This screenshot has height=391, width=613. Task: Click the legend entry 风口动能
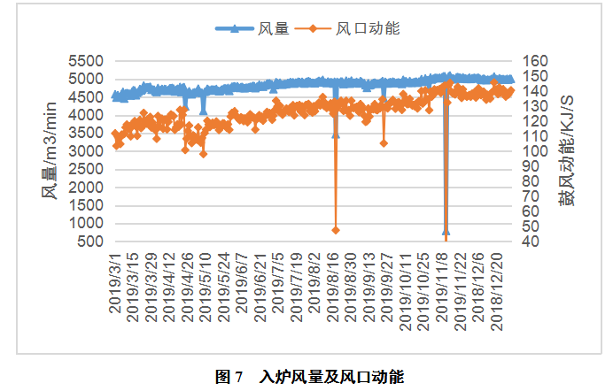[369, 28]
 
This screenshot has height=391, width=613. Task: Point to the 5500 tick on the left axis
[85, 61]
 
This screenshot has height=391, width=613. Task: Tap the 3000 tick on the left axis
[85, 151]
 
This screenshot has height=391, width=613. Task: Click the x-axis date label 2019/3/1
[116, 280]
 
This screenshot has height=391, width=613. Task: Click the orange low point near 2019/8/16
[336, 230]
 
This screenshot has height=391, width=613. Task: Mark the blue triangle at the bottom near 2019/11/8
[446, 231]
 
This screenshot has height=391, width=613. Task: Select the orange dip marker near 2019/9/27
[384, 142]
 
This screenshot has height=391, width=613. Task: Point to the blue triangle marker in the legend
[235, 28]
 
